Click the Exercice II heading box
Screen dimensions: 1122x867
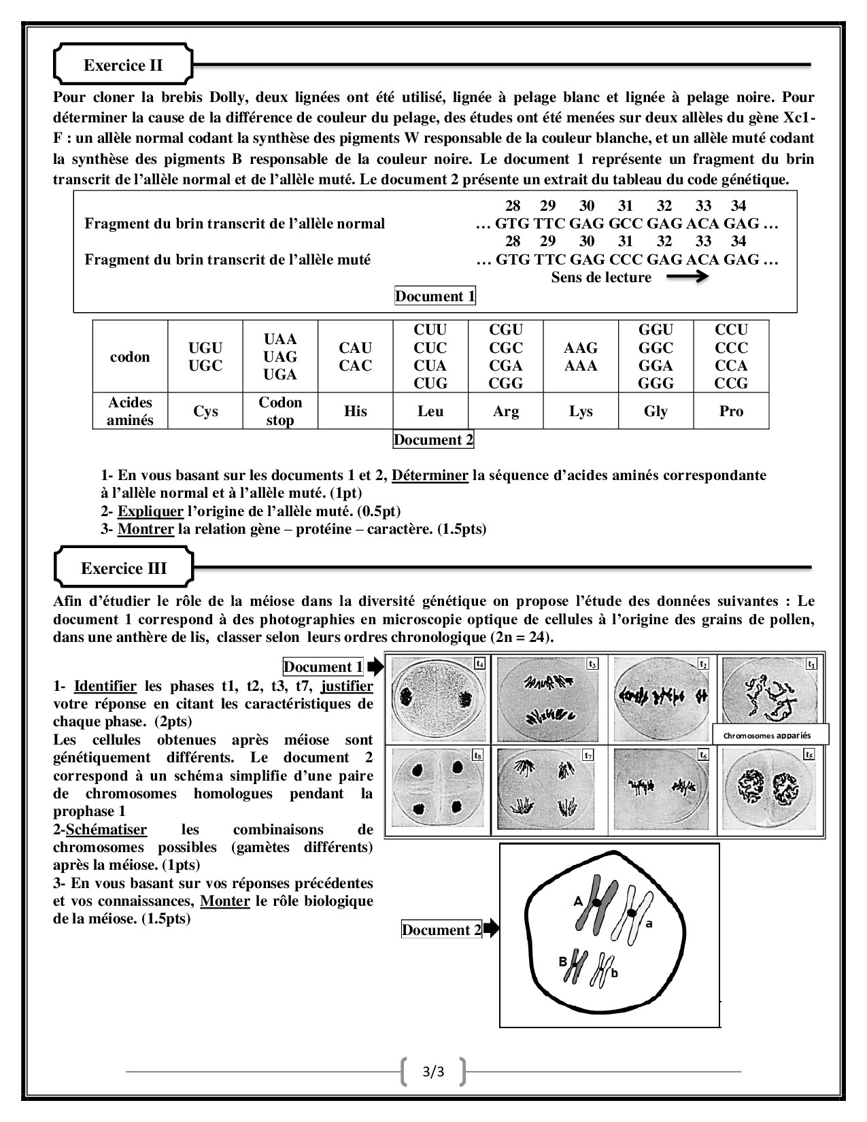[x=123, y=65]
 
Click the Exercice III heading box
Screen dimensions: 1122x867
[x=123, y=568]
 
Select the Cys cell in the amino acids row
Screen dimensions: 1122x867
[x=205, y=411]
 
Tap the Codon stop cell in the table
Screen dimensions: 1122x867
[x=280, y=411]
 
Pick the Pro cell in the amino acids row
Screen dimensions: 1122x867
[x=731, y=411]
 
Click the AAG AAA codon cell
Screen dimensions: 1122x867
[x=581, y=357]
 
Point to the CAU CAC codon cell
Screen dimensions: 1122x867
[x=356, y=357]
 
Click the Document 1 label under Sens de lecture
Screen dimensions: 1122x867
[x=435, y=296]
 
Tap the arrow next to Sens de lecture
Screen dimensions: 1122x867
[x=687, y=277]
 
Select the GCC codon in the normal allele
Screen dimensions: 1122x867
[x=626, y=223]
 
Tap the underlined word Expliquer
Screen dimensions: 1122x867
[x=150, y=511]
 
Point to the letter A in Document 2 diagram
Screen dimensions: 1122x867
[x=578, y=901]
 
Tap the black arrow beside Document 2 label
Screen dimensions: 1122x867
[x=491, y=929]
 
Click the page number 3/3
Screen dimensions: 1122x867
[x=433, y=1072]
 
